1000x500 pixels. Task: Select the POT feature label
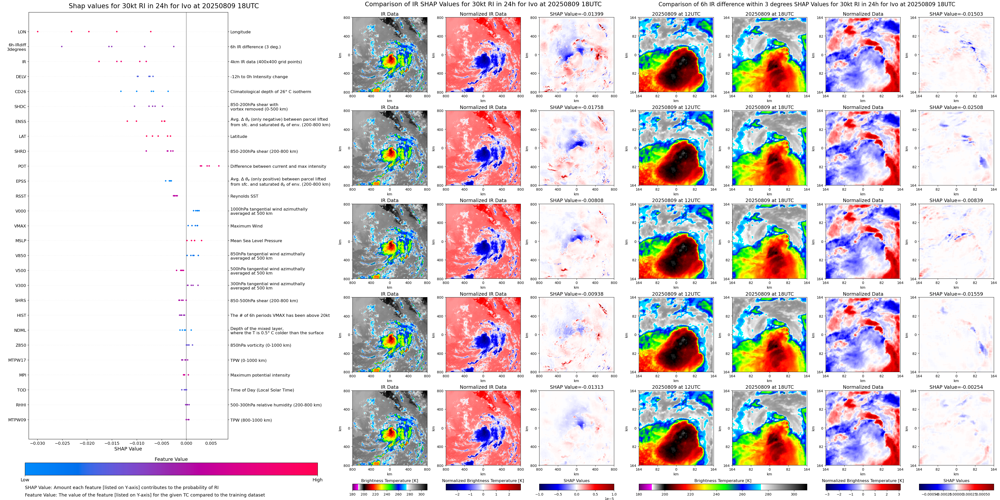point(22,167)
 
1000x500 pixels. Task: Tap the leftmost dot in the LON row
point(38,31)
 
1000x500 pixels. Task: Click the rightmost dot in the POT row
point(219,166)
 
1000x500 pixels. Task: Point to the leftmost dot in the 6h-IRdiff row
point(62,47)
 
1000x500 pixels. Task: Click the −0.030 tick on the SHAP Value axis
point(38,443)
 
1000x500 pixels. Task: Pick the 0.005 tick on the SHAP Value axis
point(211,443)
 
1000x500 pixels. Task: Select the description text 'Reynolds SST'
point(244,196)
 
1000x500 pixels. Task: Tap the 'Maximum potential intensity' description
point(260,375)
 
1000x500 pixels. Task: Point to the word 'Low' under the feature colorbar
point(25,480)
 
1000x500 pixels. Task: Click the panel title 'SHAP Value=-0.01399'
point(577,14)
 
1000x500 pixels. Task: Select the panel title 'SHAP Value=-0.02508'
point(956,108)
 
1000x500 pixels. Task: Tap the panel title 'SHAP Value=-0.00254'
point(956,387)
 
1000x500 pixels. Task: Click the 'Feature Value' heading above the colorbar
point(171,459)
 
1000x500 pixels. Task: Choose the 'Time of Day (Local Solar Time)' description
point(262,390)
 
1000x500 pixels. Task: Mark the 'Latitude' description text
point(239,137)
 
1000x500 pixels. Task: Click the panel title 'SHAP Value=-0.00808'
point(577,201)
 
